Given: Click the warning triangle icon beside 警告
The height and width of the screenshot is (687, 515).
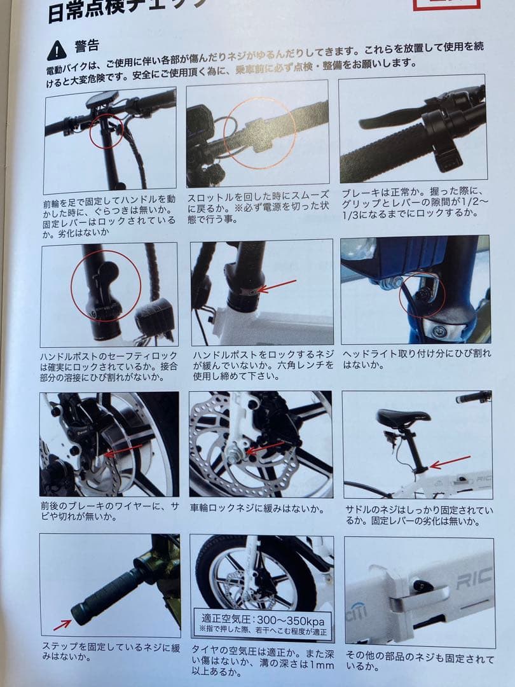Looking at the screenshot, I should pyautogui.click(x=57, y=48).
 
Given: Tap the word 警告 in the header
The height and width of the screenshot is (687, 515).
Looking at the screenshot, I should pyautogui.click(x=87, y=46).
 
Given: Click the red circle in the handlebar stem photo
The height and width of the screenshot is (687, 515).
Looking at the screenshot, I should pyautogui.click(x=106, y=130).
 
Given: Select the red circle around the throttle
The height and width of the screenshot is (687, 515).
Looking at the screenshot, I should pyautogui.click(x=259, y=132).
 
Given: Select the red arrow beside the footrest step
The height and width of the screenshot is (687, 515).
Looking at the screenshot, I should pyautogui.click(x=62, y=625).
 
